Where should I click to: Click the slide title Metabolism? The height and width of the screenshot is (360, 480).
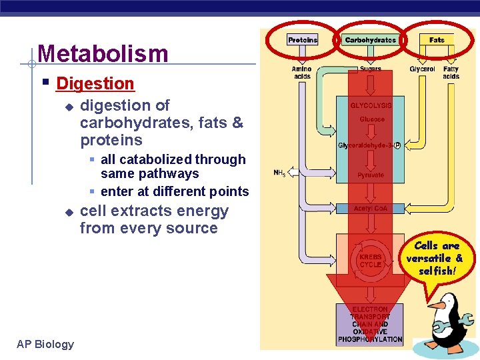coord(103,53)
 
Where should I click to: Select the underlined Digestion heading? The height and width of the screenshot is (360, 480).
coord(95,83)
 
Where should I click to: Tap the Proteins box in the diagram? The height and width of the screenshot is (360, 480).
coord(303,40)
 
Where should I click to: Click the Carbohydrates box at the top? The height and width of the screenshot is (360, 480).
coord(370,40)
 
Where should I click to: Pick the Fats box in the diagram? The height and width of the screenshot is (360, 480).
coord(437,40)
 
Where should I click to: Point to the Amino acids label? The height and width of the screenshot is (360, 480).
coord(302,72)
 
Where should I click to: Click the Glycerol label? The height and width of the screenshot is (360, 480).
coord(422,69)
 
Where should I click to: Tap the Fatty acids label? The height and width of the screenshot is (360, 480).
coord(451,72)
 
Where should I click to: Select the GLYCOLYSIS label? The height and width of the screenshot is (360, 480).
coord(371,105)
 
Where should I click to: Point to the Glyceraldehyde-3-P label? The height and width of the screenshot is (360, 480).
coord(369,145)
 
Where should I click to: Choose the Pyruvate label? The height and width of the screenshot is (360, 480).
coord(371,175)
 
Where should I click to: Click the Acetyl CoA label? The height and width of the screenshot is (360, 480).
coord(371,209)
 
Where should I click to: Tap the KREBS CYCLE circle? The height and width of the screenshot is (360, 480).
coord(370,260)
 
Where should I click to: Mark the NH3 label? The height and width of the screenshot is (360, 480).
coord(280,173)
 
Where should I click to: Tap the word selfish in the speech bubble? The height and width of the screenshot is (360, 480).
coord(436,271)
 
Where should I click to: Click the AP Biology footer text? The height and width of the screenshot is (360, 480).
coord(45,344)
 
